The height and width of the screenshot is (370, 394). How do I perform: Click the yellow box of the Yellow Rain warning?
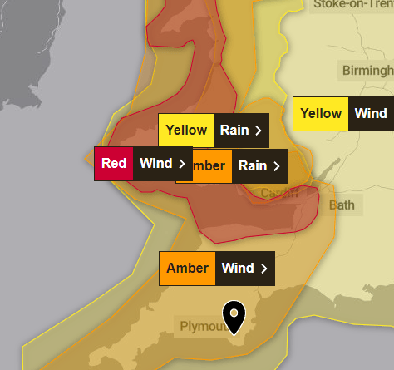(186, 131)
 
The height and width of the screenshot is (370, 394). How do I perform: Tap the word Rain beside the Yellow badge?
(233, 131)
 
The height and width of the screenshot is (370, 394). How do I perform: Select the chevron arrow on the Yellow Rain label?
(259, 131)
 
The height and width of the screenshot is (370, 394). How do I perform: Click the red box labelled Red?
(113, 163)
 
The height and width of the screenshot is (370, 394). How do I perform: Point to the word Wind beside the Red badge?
(155, 163)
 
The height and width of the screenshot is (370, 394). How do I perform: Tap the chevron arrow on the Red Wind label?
(181, 163)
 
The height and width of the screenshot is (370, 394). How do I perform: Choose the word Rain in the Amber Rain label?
(253, 166)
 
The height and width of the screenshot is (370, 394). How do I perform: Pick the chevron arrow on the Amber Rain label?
(278, 166)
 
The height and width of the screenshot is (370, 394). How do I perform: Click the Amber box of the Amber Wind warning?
(188, 269)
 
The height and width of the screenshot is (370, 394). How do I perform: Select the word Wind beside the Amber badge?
(238, 269)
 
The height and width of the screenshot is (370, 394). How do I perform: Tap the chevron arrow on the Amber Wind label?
(264, 269)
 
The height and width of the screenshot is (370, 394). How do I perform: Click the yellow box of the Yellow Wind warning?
(320, 114)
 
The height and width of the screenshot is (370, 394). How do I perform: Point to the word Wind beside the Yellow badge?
(371, 114)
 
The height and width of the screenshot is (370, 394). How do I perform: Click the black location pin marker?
(234, 316)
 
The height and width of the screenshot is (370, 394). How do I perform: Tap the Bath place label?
(341, 205)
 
